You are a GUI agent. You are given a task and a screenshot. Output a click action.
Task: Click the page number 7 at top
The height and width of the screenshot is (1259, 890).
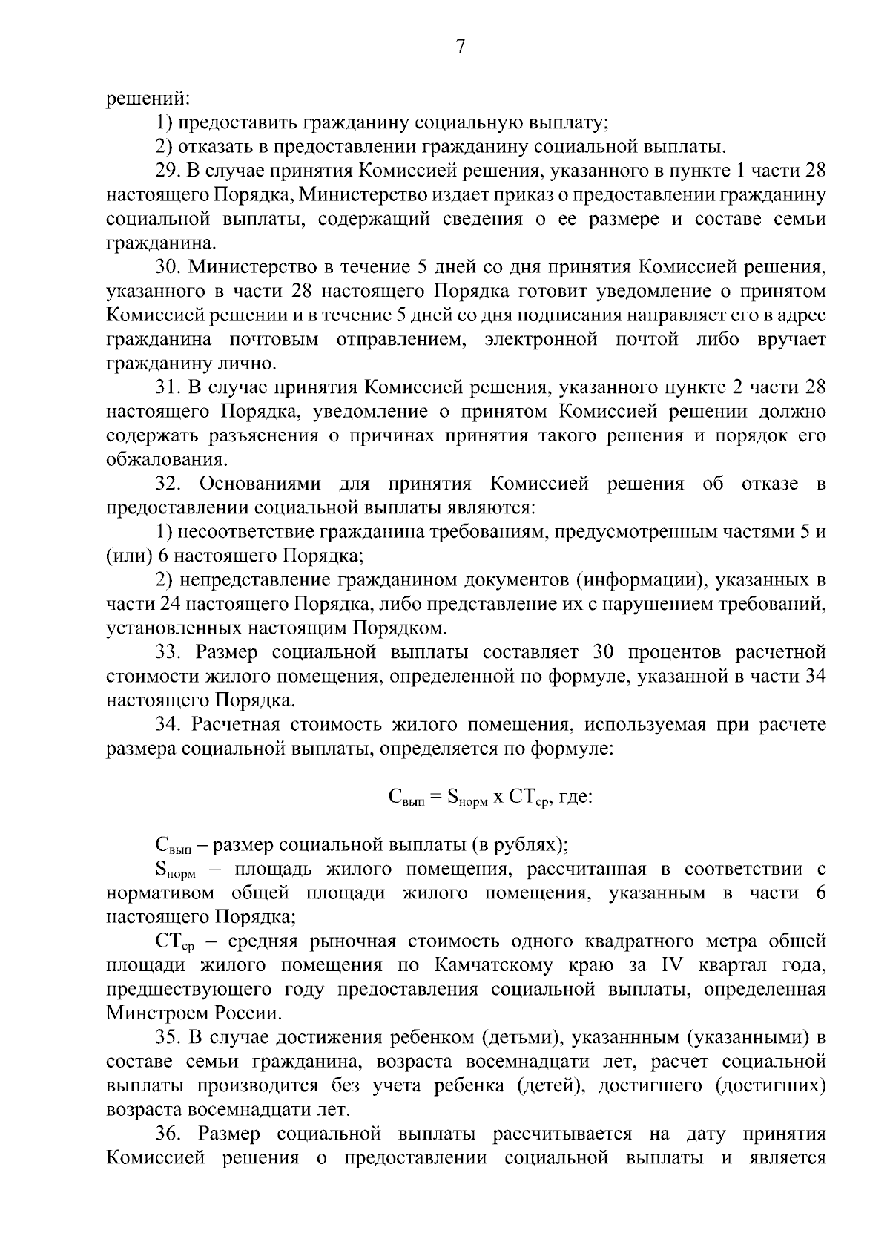(460, 46)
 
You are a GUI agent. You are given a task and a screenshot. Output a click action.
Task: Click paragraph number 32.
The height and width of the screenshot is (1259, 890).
(168, 484)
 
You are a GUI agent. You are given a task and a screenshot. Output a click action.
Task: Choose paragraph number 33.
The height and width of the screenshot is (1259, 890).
(168, 653)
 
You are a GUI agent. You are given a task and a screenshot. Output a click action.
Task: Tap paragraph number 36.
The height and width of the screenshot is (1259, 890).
(168, 1134)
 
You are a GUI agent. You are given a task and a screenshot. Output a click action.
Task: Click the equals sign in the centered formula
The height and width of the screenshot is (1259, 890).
(434, 798)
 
